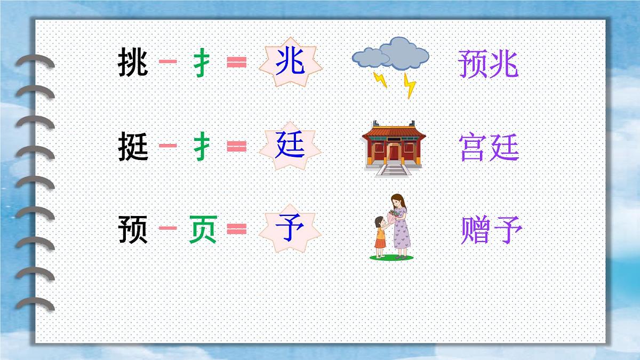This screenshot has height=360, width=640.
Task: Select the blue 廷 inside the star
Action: [x=290, y=146]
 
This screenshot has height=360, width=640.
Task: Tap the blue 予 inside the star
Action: [x=290, y=229]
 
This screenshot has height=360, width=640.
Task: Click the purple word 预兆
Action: [x=488, y=65]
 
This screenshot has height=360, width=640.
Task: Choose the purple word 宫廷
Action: [x=489, y=148]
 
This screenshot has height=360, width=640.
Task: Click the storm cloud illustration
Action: [x=392, y=54]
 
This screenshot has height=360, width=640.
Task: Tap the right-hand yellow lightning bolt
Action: [x=409, y=85]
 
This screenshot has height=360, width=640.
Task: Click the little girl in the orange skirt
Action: [x=380, y=237]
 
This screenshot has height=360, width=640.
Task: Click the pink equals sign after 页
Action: [x=237, y=229]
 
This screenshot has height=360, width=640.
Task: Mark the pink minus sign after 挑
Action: [x=168, y=62]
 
